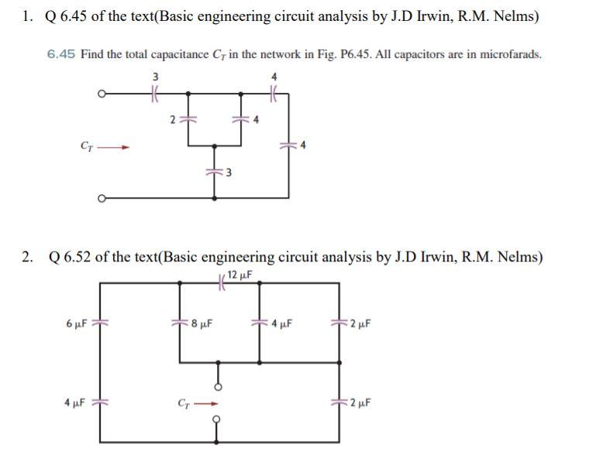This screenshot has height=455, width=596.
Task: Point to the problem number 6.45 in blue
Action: [x=60, y=54]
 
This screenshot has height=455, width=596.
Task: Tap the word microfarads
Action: [x=512, y=54]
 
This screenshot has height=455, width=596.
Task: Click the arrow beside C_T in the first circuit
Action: [x=115, y=145]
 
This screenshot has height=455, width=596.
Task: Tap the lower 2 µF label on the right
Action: [x=361, y=402]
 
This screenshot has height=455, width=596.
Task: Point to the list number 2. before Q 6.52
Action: [x=28, y=257]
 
